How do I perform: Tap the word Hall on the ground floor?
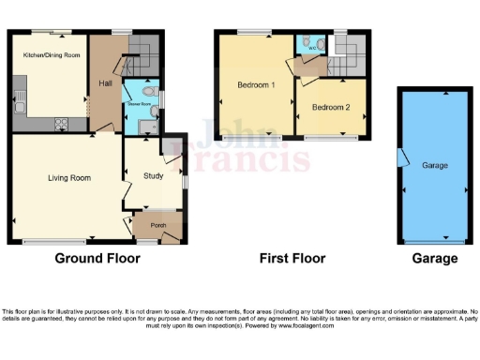tap(105, 83)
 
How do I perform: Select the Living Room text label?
tap(68, 176)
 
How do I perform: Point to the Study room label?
tap(154, 175)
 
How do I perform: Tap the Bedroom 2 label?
tap(331, 108)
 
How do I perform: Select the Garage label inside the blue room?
tap(434, 165)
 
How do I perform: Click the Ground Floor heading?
tap(92, 259)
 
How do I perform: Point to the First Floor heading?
tap(292, 259)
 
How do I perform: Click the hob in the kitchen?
tap(63, 121)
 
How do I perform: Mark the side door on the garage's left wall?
tap(401, 157)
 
